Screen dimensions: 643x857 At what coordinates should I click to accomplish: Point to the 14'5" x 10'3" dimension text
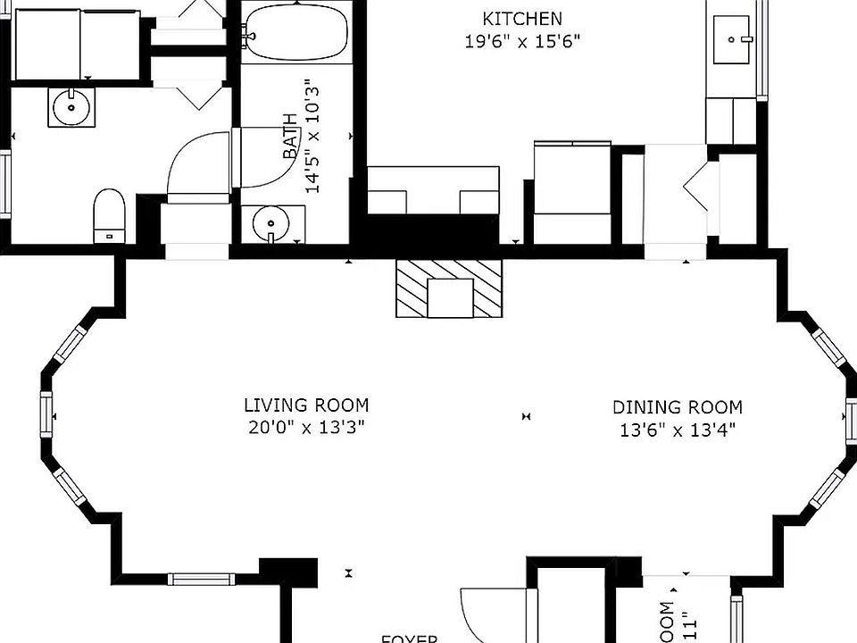(x=312, y=137)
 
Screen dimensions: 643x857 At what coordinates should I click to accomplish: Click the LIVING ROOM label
(x=307, y=405)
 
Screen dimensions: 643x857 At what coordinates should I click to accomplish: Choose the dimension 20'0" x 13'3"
(x=307, y=427)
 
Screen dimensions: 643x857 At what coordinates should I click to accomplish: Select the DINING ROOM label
(x=677, y=407)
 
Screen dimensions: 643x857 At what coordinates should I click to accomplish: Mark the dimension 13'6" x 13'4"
(x=677, y=430)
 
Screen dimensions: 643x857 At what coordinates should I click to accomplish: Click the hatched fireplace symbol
(x=450, y=288)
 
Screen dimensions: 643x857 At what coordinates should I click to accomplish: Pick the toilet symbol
(x=109, y=215)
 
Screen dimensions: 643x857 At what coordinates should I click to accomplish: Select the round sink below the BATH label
(x=267, y=223)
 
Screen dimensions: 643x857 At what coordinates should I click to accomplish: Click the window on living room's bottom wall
(x=200, y=579)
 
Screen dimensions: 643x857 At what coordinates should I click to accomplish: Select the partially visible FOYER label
(x=410, y=638)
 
